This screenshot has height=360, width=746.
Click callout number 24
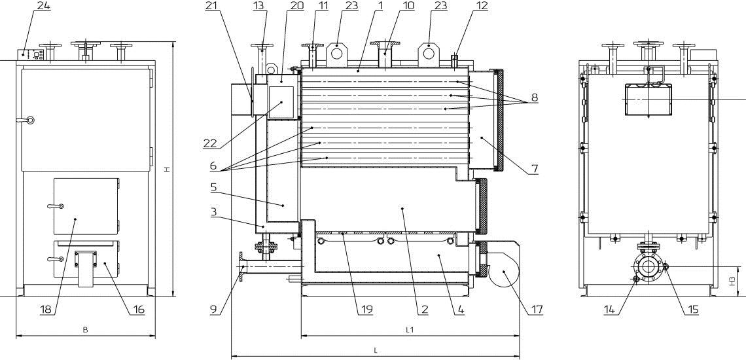point(44,6)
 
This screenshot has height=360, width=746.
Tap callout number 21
point(211,6)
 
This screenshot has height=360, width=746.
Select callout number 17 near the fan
point(537,309)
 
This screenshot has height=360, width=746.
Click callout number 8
point(534,98)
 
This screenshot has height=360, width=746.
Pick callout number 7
point(535,169)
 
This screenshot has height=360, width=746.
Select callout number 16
point(137,309)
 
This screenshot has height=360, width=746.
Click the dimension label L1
point(410,330)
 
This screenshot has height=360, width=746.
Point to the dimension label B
point(85,330)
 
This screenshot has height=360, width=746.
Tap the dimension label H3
point(733,281)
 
